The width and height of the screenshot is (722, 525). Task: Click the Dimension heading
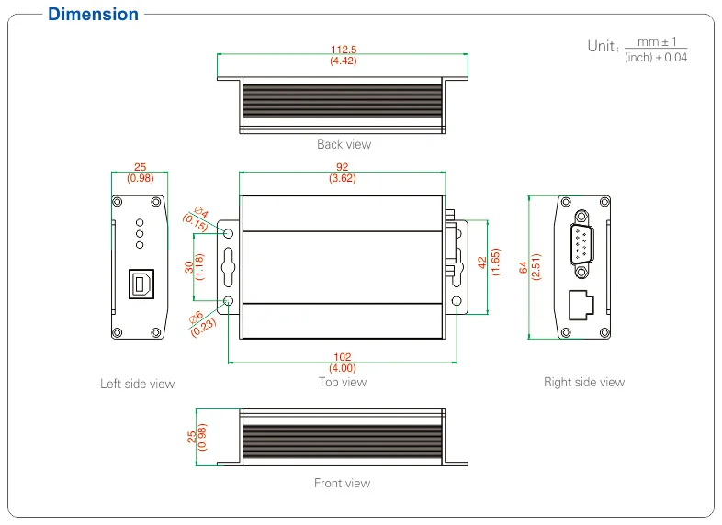93,15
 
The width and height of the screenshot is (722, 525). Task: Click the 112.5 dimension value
343,50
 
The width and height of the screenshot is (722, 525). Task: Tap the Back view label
344,144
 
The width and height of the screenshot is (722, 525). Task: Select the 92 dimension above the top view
343,167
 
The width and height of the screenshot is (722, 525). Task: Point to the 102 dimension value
343,358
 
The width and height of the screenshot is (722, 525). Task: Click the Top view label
343,382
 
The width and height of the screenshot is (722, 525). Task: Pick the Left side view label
137,384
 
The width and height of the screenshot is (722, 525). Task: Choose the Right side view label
583,382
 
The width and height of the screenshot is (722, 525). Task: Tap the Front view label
342,483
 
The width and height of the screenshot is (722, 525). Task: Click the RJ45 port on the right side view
581,304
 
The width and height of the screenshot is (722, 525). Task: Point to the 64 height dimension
524,267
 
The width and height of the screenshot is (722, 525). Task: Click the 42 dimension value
482,262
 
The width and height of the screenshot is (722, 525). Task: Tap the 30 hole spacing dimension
189,267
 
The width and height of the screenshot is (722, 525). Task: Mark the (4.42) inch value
343,61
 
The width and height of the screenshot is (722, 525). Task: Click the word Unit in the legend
601,47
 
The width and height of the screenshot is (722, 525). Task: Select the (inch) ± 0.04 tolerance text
655,58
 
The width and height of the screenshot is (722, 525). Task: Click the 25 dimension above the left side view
140,167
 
